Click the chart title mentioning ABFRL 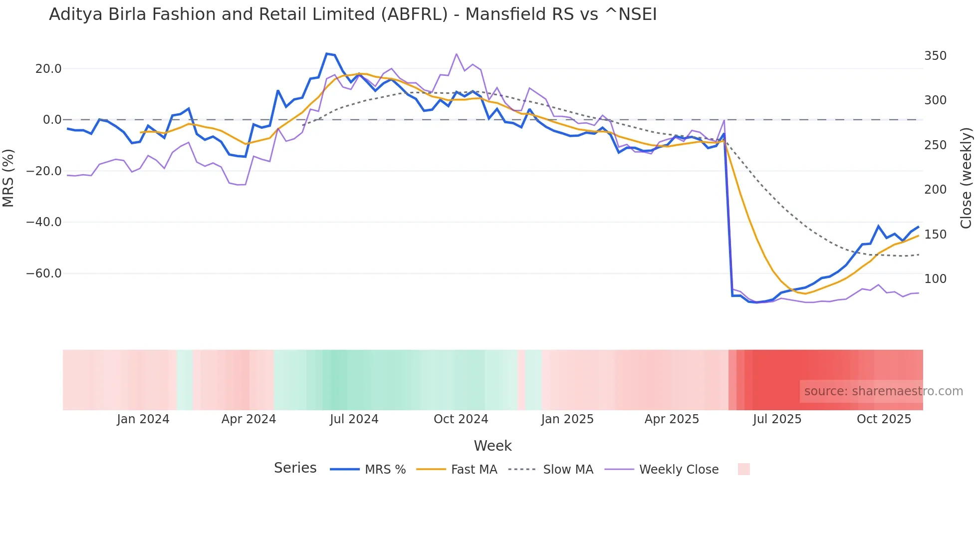coord(353,14)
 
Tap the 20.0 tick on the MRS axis coord(48,69)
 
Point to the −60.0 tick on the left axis coord(44,274)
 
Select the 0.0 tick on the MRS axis coord(52,120)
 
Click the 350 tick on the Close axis coord(935,56)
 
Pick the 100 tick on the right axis coord(935,279)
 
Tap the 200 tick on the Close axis coord(935,190)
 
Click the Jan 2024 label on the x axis coord(143,419)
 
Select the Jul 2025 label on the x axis coord(777,419)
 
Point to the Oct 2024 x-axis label coord(461,419)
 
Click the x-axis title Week coord(492,446)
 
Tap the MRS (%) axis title coord(8,178)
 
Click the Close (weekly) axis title coord(967,178)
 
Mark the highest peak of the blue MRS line coord(327,53)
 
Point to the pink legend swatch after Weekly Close coord(743,469)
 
